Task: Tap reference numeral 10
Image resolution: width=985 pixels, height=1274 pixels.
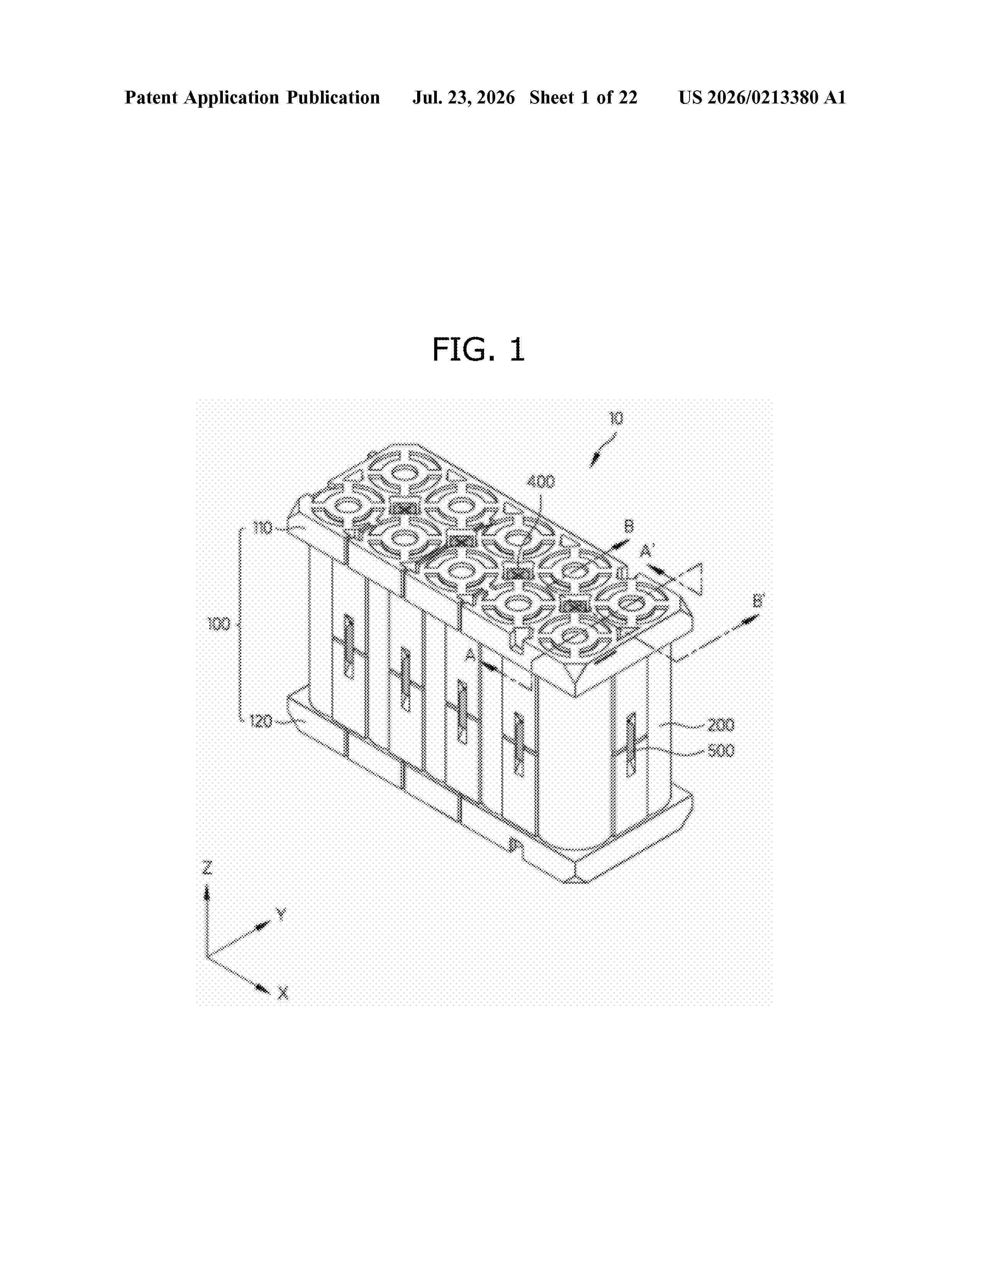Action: click(x=616, y=418)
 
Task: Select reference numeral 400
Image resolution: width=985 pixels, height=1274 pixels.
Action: click(x=541, y=482)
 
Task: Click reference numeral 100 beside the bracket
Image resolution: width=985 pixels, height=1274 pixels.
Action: click(x=219, y=624)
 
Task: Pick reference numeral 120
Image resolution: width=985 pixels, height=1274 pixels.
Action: click(x=261, y=722)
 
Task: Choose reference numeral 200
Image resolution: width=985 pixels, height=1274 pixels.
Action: click(x=721, y=725)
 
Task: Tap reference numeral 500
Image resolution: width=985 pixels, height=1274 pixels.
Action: click(x=721, y=751)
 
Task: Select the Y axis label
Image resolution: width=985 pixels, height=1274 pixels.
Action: click(x=281, y=914)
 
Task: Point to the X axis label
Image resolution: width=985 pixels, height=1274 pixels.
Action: click(x=283, y=993)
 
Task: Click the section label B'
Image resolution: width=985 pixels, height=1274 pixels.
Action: click(x=758, y=600)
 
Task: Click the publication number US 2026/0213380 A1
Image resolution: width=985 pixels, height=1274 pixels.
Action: click(x=762, y=97)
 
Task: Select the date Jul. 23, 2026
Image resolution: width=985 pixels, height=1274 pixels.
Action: click(x=464, y=97)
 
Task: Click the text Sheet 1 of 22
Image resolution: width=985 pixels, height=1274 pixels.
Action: click(x=584, y=97)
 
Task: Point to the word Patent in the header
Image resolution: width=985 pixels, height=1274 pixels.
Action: click(x=151, y=97)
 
